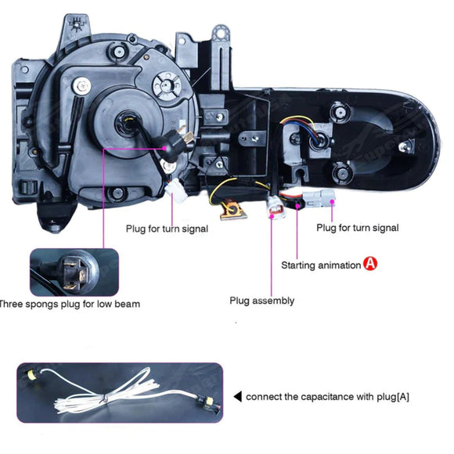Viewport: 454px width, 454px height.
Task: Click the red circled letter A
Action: tap(371, 265)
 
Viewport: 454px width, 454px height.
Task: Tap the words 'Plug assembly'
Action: tap(261, 300)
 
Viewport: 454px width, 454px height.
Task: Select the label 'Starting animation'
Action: tap(321, 265)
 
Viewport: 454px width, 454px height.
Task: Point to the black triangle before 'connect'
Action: tap(238, 397)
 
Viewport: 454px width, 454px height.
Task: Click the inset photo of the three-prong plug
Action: tap(74, 272)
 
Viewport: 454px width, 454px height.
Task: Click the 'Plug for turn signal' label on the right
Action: tap(357, 228)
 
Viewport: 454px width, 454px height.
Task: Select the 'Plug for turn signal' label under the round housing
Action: tap(167, 229)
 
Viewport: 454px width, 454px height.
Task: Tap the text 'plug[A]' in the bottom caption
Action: tap(392, 397)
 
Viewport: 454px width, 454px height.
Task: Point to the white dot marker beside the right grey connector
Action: tap(333, 201)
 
